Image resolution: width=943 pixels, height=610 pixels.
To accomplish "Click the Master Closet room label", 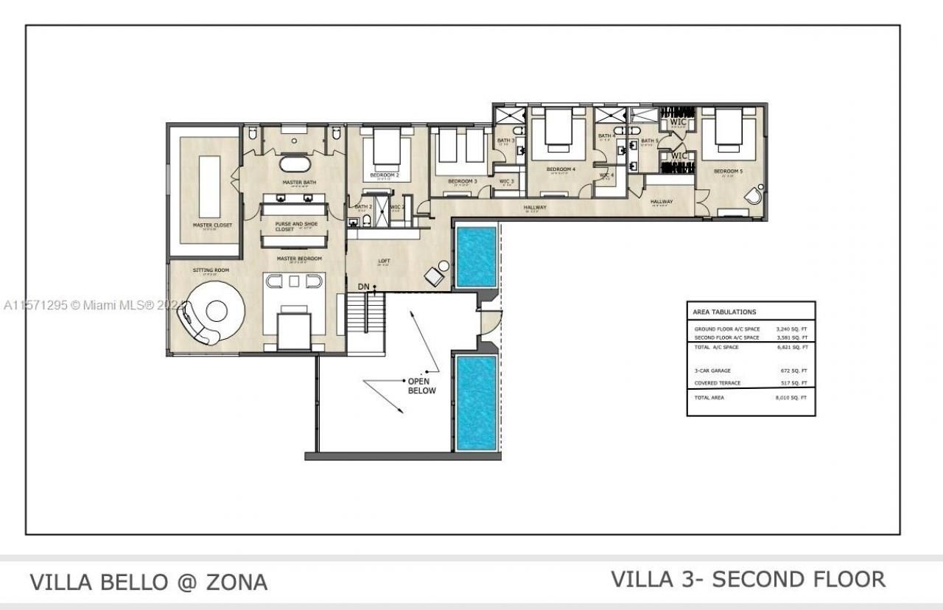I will click(x=212, y=225).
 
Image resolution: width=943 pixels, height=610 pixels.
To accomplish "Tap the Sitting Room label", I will click(x=211, y=270).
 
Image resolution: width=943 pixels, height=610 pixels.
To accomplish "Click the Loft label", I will click(x=384, y=261).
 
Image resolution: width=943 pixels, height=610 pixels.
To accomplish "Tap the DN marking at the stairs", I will click(x=364, y=286).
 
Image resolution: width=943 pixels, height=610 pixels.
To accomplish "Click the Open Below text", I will click(x=422, y=385).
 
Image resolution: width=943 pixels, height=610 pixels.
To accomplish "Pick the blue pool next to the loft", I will click(x=475, y=256).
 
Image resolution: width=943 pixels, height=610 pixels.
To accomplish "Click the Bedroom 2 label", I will click(x=384, y=175).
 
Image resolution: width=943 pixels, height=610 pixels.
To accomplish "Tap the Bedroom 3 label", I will click(x=463, y=181).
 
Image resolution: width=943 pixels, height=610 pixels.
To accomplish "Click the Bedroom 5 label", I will click(x=728, y=172).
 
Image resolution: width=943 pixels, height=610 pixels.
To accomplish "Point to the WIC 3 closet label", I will click(x=507, y=181).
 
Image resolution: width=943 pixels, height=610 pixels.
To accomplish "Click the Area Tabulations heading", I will click(x=724, y=312).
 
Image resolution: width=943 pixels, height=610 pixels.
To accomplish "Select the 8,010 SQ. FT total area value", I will click(x=792, y=398).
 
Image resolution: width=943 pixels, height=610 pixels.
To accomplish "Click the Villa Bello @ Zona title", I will click(x=148, y=582).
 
